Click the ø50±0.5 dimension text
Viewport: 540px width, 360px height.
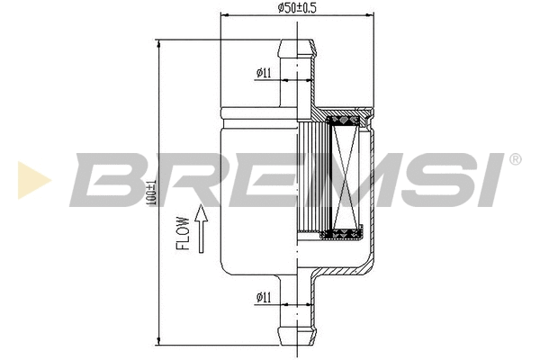coord(297,9)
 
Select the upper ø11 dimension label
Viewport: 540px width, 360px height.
coord(264,72)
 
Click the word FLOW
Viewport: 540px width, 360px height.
coord(182,232)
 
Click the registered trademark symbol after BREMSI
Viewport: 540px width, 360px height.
coord(515,160)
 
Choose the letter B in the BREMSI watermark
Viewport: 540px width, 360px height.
coord(109,179)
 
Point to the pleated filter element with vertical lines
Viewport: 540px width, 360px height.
coord(310,180)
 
